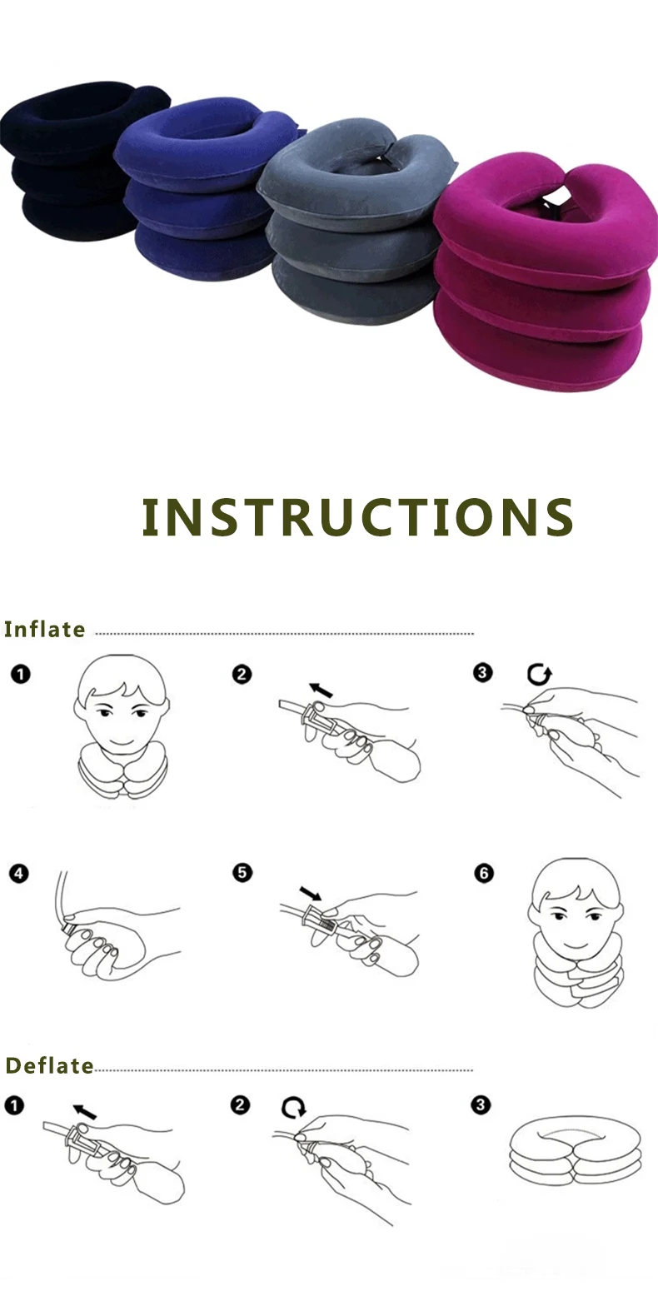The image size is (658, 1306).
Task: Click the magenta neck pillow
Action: pyautogui.click(x=541, y=275)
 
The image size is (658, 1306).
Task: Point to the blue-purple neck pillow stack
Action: pyautogui.click(x=200, y=192)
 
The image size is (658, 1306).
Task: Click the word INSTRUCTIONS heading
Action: pyautogui.click(x=358, y=517)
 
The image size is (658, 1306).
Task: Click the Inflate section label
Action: pyautogui.click(x=45, y=630)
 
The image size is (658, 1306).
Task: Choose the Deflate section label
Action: pyautogui.click(x=49, y=1065)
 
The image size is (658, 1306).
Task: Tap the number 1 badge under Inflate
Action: pyautogui.click(x=20, y=674)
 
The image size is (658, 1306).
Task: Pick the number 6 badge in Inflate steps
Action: pyautogui.click(x=484, y=873)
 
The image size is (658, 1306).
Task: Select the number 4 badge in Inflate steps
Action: pyautogui.click(x=19, y=874)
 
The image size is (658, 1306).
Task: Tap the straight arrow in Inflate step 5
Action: pyautogui.click(x=311, y=893)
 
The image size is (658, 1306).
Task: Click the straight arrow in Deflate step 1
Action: pyautogui.click(x=84, y=1110)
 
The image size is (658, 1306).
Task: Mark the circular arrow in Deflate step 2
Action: pyautogui.click(x=294, y=1108)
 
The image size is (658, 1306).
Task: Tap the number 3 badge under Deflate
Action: pyautogui.click(x=481, y=1105)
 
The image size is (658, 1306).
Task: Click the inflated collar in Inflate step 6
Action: pyautogui.click(x=575, y=975)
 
